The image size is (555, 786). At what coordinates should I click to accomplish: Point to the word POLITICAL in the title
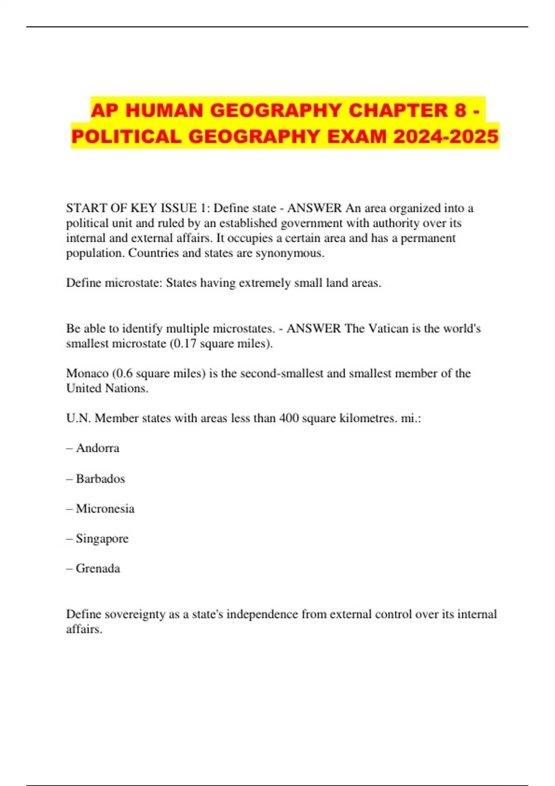click(127, 136)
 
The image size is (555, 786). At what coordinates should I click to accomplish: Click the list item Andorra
click(98, 448)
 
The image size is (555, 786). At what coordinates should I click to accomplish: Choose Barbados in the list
click(100, 479)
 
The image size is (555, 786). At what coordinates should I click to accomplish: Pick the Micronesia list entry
click(105, 509)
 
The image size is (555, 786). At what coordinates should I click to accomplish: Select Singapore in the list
click(102, 539)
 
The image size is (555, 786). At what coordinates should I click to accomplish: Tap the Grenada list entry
click(98, 568)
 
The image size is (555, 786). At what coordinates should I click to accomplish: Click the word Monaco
click(87, 373)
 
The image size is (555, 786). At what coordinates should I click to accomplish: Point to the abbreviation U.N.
click(79, 418)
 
